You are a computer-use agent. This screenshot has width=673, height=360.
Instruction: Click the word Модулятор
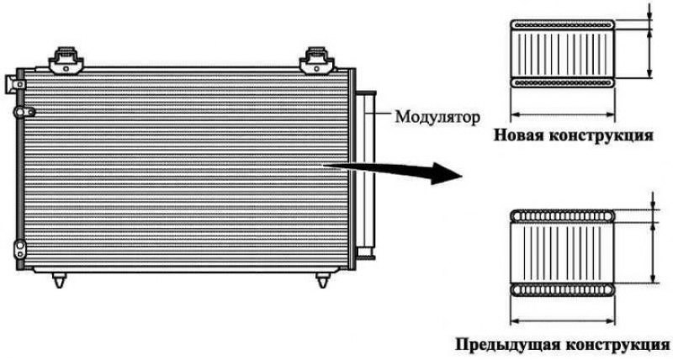(437, 117)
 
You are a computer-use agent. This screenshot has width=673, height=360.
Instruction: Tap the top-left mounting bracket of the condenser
(66, 61)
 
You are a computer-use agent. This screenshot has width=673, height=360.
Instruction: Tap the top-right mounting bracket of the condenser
(317, 61)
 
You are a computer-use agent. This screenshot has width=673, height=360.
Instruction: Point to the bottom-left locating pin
(59, 279)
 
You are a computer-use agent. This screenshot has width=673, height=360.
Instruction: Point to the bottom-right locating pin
(322, 279)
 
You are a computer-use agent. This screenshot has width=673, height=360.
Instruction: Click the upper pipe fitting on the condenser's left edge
(24, 112)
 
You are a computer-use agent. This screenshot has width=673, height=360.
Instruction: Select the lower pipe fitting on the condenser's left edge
(19, 249)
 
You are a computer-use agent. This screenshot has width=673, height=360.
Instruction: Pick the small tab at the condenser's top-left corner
(15, 83)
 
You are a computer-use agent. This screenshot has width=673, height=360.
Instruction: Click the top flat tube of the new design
(562, 25)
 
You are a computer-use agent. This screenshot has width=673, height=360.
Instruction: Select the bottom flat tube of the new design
(562, 82)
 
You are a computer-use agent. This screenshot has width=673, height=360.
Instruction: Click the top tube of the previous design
(562, 216)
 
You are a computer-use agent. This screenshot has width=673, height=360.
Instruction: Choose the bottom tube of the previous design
(562, 289)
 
